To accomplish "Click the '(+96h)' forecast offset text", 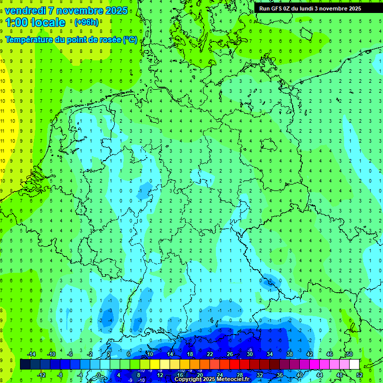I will click(x=86, y=22).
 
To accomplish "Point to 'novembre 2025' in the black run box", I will click(x=344, y=8).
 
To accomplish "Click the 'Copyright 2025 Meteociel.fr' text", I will click(x=211, y=379).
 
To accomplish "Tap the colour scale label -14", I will click(x=31, y=354).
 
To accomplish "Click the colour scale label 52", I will click(x=360, y=375).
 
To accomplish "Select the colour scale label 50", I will click(x=349, y=354).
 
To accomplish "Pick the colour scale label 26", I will click(x=230, y=354).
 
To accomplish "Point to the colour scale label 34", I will click(x=270, y=354).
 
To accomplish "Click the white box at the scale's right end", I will click(x=354, y=364).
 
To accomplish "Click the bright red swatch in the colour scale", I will click(x=234, y=364).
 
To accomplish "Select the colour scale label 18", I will click(x=190, y=354).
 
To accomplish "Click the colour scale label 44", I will click(x=320, y=375).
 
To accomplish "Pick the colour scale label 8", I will click(x=138, y=375).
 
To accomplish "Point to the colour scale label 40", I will click(x=300, y=375).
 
